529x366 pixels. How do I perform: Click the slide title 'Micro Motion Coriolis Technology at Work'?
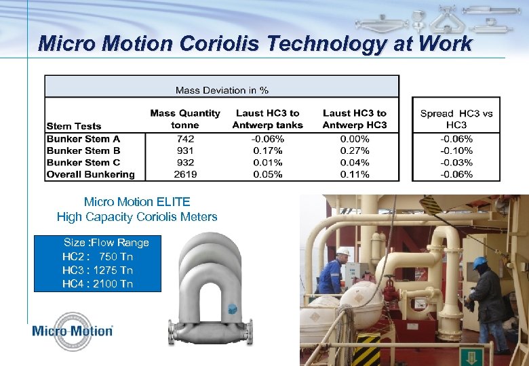[x=255, y=44]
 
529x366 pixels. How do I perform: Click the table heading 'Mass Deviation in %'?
[x=222, y=89]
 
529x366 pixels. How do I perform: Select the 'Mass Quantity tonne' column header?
[x=185, y=119]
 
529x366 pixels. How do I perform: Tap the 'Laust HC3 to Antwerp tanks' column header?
[x=267, y=119]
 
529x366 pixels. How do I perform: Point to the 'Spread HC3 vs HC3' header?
[x=456, y=119]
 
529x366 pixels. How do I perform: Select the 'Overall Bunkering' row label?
[x=90, y=174]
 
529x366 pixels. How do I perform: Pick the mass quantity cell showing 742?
[x=185, y=138]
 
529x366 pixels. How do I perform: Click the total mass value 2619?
[x=185, y=174]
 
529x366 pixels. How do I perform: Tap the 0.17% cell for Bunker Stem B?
[x=267, y=150]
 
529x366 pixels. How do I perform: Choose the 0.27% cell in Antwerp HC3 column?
[x=355, y=150]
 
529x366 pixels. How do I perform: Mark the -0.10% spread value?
[x=456, y=150]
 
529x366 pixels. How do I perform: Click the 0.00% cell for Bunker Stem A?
[x=355, y=138]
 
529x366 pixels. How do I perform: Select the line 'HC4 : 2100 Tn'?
[x=98, y=283]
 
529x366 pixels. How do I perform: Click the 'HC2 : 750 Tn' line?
[x=98, y=256]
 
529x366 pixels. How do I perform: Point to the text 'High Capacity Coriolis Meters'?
[x=137, y=217]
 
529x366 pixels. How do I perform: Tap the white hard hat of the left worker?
[x=343, y=251]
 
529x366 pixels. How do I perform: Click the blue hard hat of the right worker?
[x=479, y=262]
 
